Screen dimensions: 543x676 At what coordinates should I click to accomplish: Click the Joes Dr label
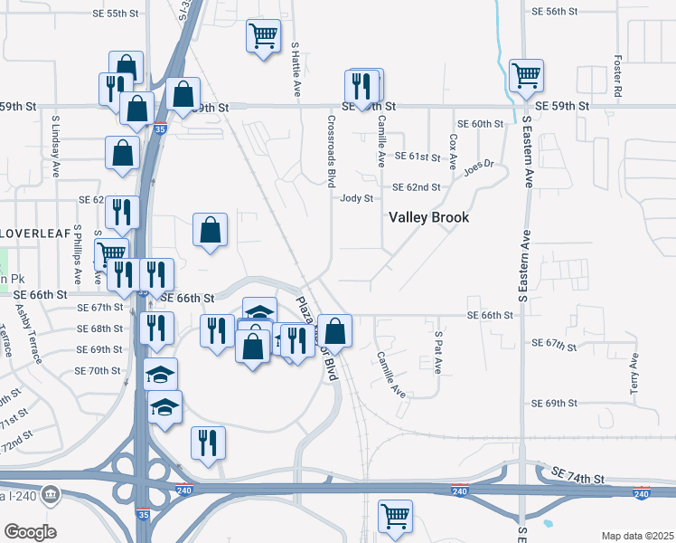pos(480,168)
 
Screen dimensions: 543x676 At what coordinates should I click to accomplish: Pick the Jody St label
pos(356,199)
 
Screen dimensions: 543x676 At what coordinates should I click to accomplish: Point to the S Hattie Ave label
pos(296,69)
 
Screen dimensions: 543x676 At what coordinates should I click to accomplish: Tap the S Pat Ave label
pos(437,353)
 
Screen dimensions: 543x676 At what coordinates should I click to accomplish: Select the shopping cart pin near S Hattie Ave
pos(263,36)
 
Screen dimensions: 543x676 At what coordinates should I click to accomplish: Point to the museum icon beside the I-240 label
pos(50,494)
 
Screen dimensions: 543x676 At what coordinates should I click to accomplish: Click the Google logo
pos(30,531)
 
